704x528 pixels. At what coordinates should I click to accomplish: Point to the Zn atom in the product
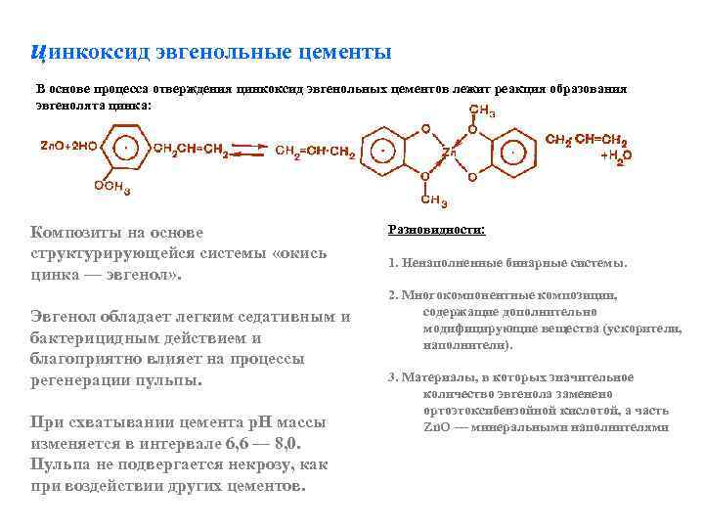(x=449, y=154)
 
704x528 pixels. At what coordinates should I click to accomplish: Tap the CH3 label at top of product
(x=482, y=110)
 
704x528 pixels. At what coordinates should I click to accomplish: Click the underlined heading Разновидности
(x=437, y=231)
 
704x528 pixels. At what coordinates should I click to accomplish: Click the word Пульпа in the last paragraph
(x=63, y=465)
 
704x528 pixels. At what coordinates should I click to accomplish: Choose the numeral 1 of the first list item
(x=391, y=263)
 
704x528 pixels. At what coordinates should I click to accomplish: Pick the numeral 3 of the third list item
(x=391, y=377)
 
